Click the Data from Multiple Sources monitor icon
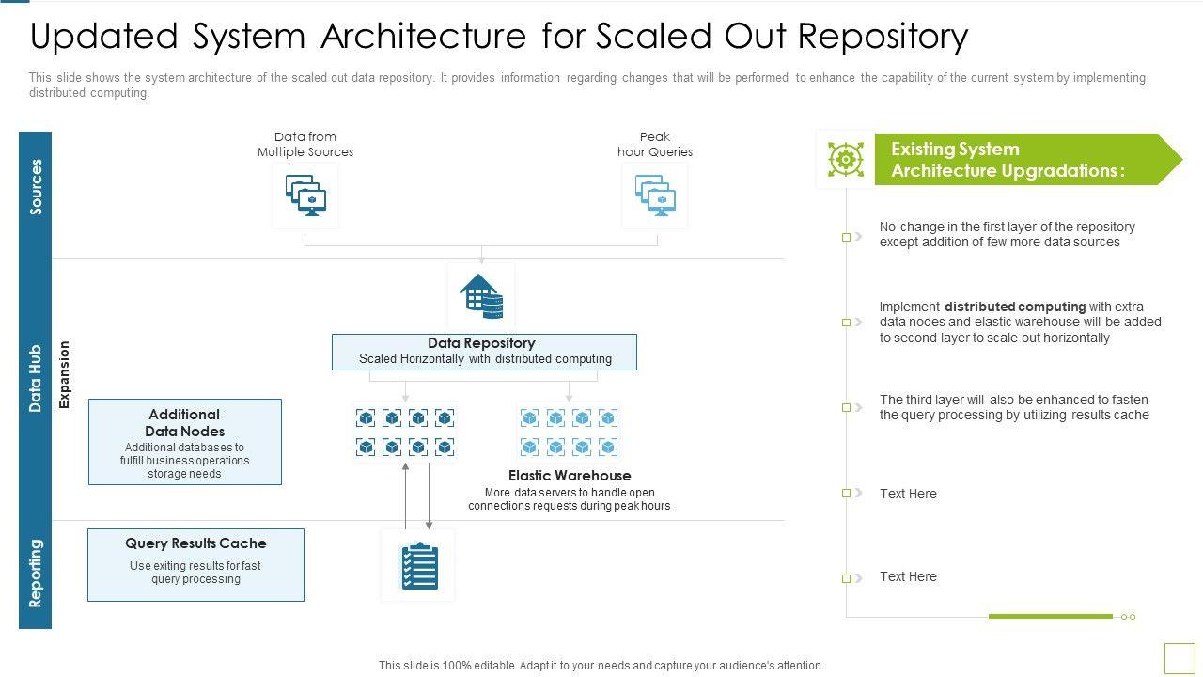(x=305, y=196)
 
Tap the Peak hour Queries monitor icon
(x=655, y=196)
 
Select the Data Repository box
(x=484, y=352)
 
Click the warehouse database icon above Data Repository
(x=481, y=296)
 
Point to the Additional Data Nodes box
(x=185, y=442)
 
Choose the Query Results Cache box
(x=195, y=564)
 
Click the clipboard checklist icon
(x=418, y=565)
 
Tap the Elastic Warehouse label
(x=570, y=476)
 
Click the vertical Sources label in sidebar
(x=36, y=186)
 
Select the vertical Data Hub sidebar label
(x=36, y=378)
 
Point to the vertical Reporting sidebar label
(x=36, y=574)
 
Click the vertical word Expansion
(x=65, y=374)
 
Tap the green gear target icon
(x=846, y=159)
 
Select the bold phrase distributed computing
(x=1015, y=307)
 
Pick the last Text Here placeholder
(x=908, y=576)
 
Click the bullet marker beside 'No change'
(x=847, y=237)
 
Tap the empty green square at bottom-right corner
(x=1179, y=657)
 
